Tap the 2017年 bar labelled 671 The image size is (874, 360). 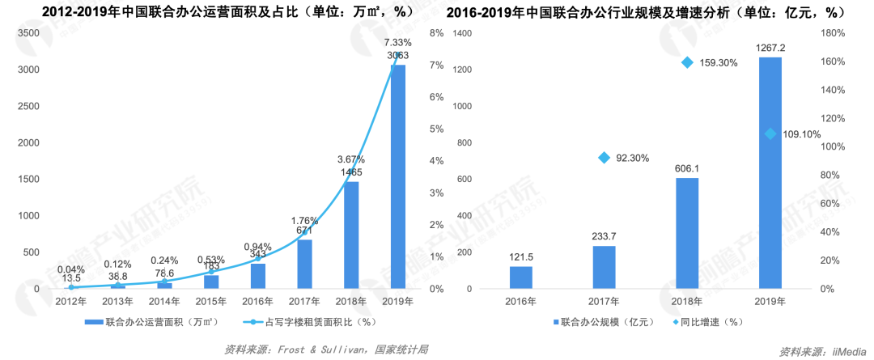304,264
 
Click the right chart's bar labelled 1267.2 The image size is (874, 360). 770,172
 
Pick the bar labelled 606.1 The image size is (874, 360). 686,233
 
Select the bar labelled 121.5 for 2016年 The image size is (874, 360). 521,277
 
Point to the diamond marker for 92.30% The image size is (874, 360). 604,158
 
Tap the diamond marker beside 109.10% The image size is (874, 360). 770,133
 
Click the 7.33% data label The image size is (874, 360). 398,42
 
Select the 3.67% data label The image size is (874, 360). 351,159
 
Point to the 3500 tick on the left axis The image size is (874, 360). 28,33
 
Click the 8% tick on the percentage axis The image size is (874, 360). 437,33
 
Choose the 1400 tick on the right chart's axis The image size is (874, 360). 462,33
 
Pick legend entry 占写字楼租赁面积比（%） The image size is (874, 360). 308,321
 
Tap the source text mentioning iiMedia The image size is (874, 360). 825,351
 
